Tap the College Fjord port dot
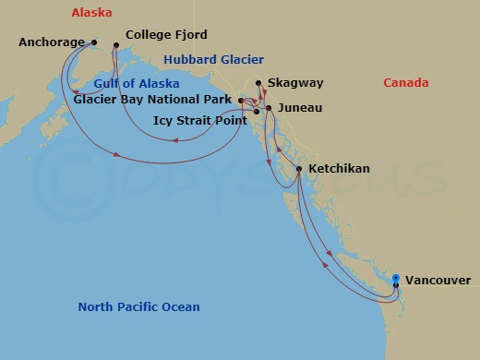(x=116, y=45)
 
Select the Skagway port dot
(x=258, y=83)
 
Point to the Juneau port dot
(x=269, y=108)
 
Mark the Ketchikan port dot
(x=299, y=169)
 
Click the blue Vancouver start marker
(x=396, y=278)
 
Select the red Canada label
(x=406, y=83)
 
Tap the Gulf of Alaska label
(x=136, y=84)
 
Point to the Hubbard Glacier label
(x=202, y=61)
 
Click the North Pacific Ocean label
(x=138, y=307)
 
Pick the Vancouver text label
(x=438, y=281)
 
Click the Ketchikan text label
(x=339, y=169)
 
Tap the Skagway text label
(x=295, y=83)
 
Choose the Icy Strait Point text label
(x=199, y=120)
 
